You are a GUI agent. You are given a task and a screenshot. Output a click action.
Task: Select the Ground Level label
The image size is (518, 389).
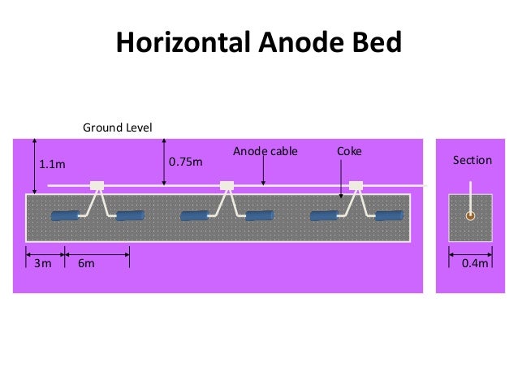point(118,128)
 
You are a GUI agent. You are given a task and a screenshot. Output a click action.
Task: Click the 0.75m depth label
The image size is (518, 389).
point(184,162)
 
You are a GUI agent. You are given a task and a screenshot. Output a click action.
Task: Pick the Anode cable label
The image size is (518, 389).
point(265,151)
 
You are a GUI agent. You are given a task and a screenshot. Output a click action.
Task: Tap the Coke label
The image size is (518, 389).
point(349,151)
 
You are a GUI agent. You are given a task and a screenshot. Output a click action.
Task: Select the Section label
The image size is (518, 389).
point(472,160)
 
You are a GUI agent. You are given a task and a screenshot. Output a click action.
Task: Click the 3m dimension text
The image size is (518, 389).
point(42,263)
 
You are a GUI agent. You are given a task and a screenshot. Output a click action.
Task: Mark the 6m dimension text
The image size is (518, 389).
point(85,263)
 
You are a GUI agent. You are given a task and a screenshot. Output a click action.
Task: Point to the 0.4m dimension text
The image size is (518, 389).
point(471,263)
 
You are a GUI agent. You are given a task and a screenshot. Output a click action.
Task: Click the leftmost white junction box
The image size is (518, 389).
point(97,185)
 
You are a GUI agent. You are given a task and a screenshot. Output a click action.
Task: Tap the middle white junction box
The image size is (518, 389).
point(227,185)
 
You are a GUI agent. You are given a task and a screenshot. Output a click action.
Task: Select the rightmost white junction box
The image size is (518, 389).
point(356,185)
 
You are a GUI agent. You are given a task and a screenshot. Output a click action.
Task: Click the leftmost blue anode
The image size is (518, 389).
point(65,216)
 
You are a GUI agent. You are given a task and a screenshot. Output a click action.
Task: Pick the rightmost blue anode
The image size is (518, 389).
point(388,215)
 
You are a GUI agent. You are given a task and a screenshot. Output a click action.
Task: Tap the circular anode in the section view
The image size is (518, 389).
point(470,216)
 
